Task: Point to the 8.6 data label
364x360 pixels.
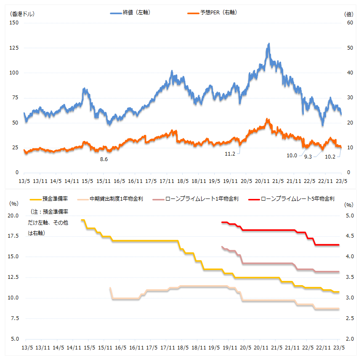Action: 104,159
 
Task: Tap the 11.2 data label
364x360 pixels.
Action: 230,154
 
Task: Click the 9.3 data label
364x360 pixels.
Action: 308,156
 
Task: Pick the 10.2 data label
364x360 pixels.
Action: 331,156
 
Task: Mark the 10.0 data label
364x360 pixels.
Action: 292,155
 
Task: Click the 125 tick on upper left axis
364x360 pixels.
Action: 14,48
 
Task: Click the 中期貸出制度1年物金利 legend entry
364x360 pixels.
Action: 116,199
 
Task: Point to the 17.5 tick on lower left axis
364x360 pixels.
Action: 14,236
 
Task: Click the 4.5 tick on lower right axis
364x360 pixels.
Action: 349,236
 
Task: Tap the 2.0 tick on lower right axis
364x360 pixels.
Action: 349,339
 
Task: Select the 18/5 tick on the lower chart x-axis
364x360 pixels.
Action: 183,348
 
